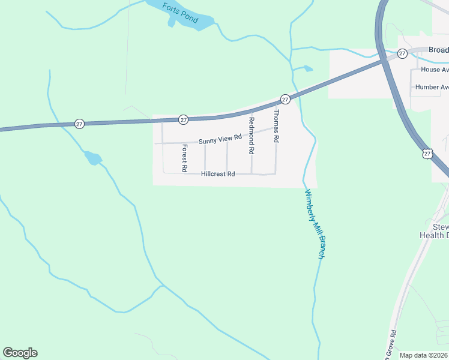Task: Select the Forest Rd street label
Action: pyautogui.click(x=185, y=155)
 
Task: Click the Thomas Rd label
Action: pyautogui.click(x=276, y=125)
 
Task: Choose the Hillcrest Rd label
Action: pyautogui.click(x=218, y=174)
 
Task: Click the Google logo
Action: pyautogui.click(x=20, y=353)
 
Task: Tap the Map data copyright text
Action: pyautogui.click(x=424, y=355)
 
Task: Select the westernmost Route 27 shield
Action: pyautogui.click(x=79, y=124)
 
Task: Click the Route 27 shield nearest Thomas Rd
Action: pyautogui.click(x=285, y=99)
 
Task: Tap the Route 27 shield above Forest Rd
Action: pyautogui.click(x=184, y=119)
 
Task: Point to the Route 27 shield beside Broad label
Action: pyautogui.click(x=402, y=54)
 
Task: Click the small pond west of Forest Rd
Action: pyautogui.click(x=93, y=158)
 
